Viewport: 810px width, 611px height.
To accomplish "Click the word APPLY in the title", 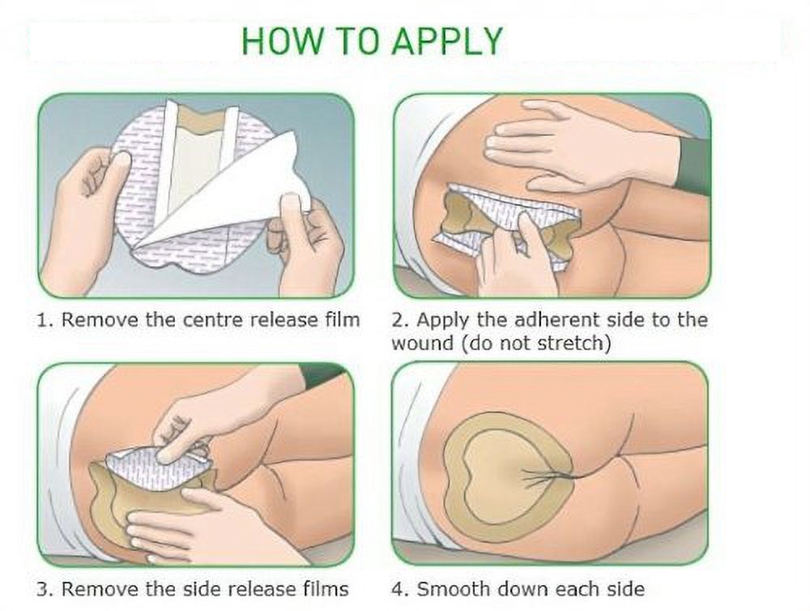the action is (447, 41).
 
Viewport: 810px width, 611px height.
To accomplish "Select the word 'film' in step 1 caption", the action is (342, 319).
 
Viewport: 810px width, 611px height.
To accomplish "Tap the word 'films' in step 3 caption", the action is (328, 589).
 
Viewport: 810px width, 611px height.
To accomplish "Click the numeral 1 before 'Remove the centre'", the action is (42, 320).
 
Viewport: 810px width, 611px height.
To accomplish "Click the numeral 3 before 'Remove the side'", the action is (42, 589).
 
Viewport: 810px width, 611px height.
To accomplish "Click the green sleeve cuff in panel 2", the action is (693, 161).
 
